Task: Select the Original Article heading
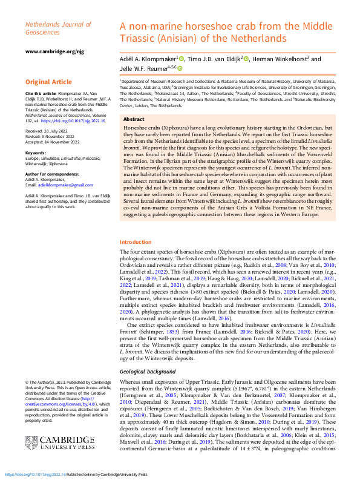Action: click(x=48, y=82)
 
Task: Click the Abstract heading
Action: click(x=134, y=120)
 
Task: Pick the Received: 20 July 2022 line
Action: click(x=47, y=130)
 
